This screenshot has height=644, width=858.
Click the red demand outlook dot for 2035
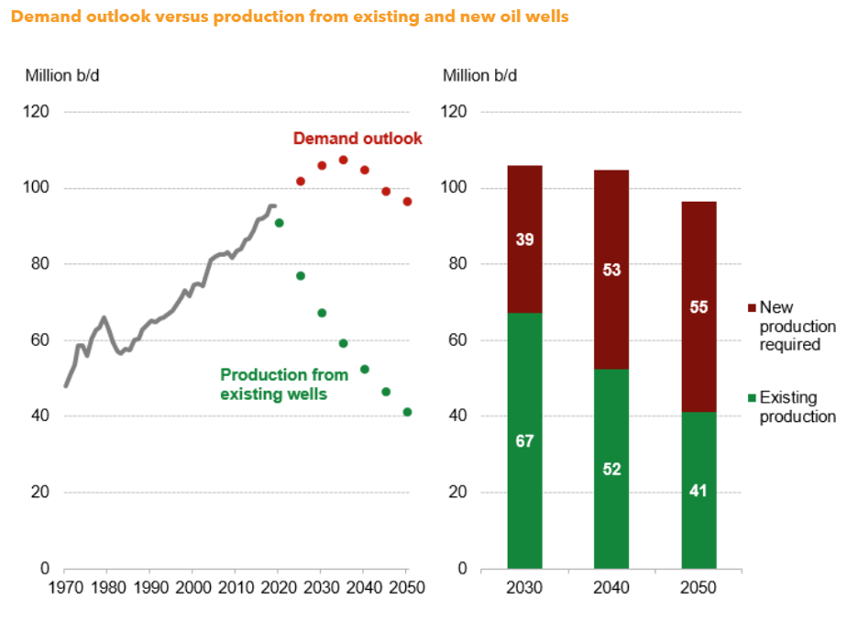point(343,160)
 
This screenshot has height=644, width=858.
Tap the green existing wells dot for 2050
point(407,412)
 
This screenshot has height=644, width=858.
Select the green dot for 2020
point(279,223)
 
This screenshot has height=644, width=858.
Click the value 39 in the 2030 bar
point(524,239)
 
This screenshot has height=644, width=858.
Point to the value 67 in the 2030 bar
point(524,441)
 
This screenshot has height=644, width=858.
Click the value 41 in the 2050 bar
point(698,490)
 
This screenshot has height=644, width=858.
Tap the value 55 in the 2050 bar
point(698,307)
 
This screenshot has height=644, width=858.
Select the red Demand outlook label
point(357,139)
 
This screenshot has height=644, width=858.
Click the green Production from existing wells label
point(284,384)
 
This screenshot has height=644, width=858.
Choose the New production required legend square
point(753,308)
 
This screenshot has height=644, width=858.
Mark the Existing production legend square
point(753,398)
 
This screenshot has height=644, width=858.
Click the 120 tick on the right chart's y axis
point(456,112)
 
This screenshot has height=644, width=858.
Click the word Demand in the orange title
point(42,17)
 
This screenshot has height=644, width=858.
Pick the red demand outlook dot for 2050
point(407,202)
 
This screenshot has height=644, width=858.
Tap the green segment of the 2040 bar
point(611,468)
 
